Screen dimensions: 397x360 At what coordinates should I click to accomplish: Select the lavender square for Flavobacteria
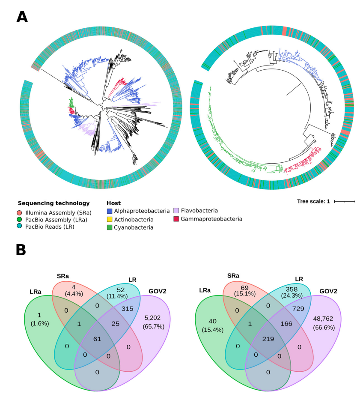[176, 211]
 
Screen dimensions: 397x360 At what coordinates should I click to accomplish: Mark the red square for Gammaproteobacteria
[176, 219]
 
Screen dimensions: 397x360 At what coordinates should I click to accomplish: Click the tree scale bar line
[345, 201]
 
